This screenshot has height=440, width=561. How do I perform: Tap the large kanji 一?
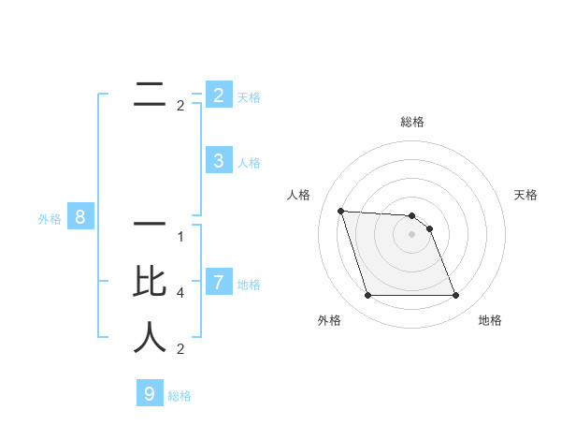[149, 225]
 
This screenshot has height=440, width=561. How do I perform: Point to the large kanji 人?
[149, 337]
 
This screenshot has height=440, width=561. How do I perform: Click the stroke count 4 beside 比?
[180, 293]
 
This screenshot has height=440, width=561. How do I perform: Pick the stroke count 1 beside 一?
[180, 237]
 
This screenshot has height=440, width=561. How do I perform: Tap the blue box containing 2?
[218, 95]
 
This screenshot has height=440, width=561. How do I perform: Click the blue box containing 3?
[218, 161]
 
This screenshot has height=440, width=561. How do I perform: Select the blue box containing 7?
[218, 282]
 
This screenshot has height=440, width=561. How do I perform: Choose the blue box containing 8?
[80, 218]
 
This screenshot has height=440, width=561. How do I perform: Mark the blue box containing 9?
[149, 394]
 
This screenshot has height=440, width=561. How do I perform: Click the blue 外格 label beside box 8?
[50, 219]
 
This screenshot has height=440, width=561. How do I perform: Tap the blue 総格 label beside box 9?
[180, 396]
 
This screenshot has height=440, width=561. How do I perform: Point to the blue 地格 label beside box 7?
[249, 284]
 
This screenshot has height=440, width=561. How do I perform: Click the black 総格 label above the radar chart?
[412, 122]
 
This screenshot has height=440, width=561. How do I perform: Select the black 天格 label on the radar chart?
[526, 195]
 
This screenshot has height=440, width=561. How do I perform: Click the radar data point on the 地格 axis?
[455, 296]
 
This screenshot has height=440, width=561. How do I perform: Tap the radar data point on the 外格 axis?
[367, 296]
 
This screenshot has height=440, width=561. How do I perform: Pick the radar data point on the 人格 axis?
[341, 211]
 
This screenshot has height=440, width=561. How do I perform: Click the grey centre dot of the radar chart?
[411, 235]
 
